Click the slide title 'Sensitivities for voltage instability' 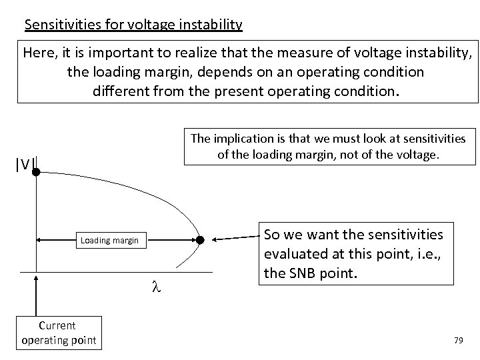tap(133, 25)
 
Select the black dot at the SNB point tap(199, 240)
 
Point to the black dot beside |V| tap(36, 172)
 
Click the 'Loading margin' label tap(109, 240)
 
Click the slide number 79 tap(458, 340)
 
